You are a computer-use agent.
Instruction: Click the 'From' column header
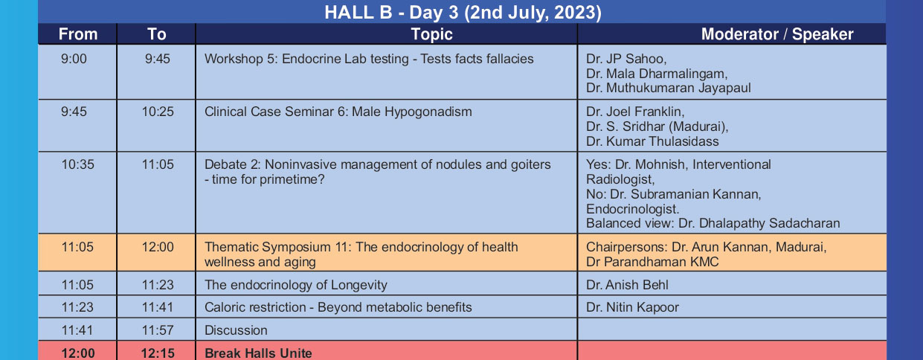(78, 34)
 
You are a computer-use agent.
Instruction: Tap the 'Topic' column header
(431, 34)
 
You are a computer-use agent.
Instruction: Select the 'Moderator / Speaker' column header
(777, 34)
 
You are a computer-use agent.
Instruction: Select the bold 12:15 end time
(158, 353)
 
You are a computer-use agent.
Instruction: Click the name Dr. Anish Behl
(627, 285)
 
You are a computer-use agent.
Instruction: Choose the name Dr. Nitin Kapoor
(632, 307)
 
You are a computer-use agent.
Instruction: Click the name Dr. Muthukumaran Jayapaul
(669, 89)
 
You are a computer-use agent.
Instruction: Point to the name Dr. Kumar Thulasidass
(652, 141)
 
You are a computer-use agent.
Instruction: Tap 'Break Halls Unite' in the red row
(258, 353)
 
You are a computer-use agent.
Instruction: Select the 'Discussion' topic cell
(236, 330)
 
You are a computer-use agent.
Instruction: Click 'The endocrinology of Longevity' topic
(296, 285)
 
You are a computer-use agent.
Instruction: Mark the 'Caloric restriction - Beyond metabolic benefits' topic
(338, 307)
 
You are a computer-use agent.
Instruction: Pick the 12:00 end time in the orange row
(158, 247)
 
